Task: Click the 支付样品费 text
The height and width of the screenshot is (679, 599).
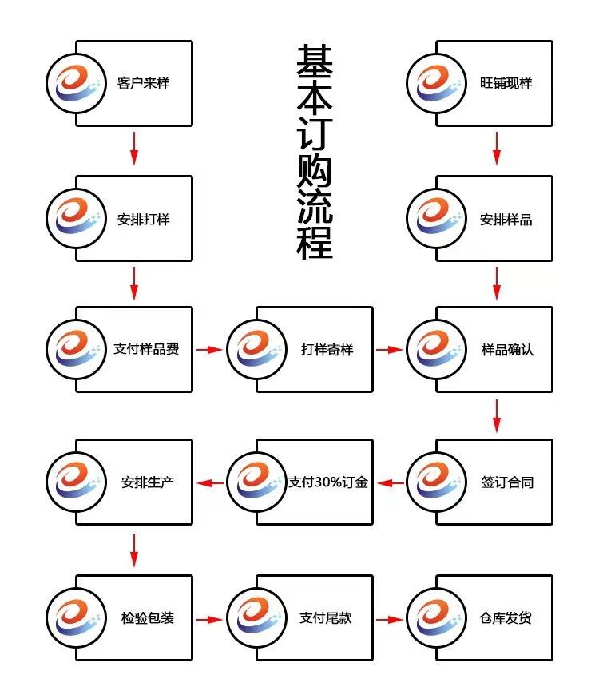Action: pos(146,350)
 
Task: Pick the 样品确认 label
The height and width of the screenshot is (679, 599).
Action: pos(507,350)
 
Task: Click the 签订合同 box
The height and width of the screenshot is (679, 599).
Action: pos(507,482)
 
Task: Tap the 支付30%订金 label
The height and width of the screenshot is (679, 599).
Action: pos(328,482)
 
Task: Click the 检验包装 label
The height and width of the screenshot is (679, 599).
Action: pos(147,618)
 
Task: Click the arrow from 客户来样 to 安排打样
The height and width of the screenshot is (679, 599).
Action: pos(134,149)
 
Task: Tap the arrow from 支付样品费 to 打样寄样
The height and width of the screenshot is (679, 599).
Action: pos(209,350)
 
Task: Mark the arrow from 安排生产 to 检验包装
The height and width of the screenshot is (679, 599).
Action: pos(134,549)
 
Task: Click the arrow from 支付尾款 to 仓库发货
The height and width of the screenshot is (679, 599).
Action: pos(390,618)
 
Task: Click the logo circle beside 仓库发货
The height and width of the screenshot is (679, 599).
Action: pos(436,618)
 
